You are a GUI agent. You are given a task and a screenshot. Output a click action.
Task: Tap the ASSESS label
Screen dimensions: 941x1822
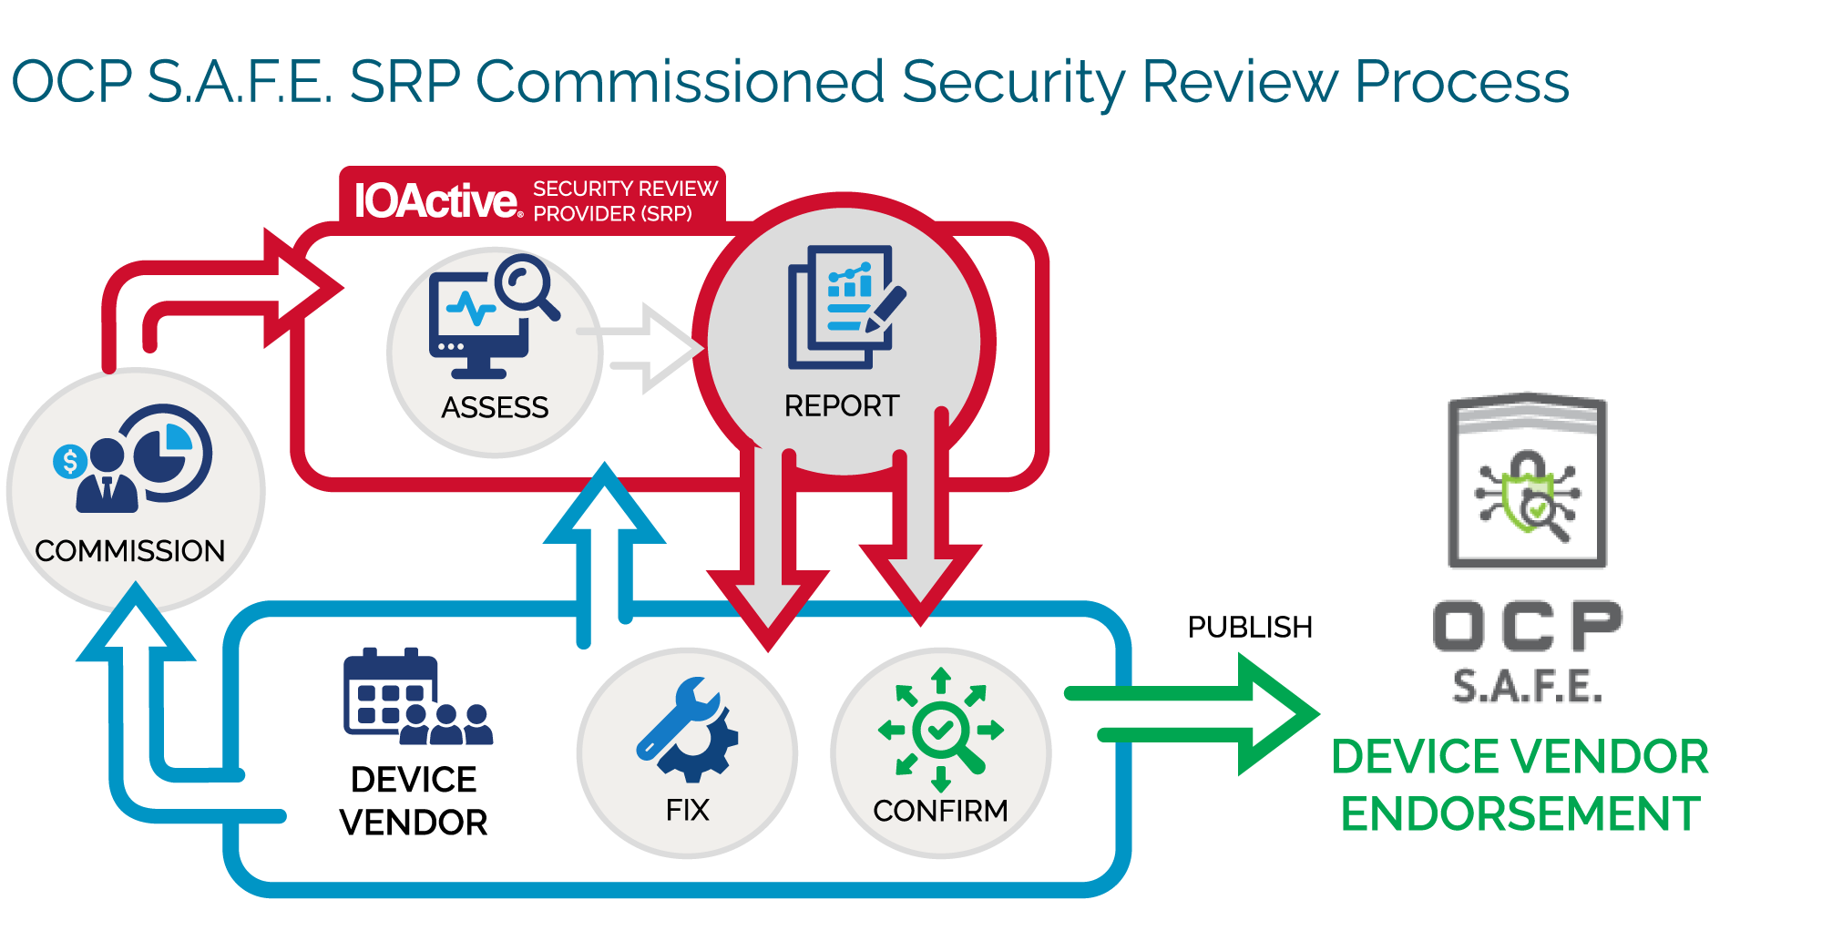(x=495, y=407)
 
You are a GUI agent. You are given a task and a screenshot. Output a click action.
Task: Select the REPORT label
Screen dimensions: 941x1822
(x=842, y=405)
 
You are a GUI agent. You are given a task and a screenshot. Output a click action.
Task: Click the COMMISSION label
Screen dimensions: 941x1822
(x=129, y=551)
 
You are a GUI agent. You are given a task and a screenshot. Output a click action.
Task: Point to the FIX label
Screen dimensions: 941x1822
(x=687, y=810)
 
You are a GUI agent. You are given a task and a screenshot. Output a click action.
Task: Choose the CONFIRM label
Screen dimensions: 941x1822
(x=940, y=810)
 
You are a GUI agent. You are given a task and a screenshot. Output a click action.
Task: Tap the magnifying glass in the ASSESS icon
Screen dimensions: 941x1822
(x=527, y=284)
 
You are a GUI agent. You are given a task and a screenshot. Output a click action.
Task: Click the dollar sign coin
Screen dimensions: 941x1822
(x=70, y=462)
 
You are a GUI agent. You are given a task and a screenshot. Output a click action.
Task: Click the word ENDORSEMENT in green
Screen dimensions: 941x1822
(x=1520, y=813)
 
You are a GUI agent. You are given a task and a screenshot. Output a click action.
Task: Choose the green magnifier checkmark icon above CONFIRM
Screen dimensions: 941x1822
(x=941, y=730)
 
